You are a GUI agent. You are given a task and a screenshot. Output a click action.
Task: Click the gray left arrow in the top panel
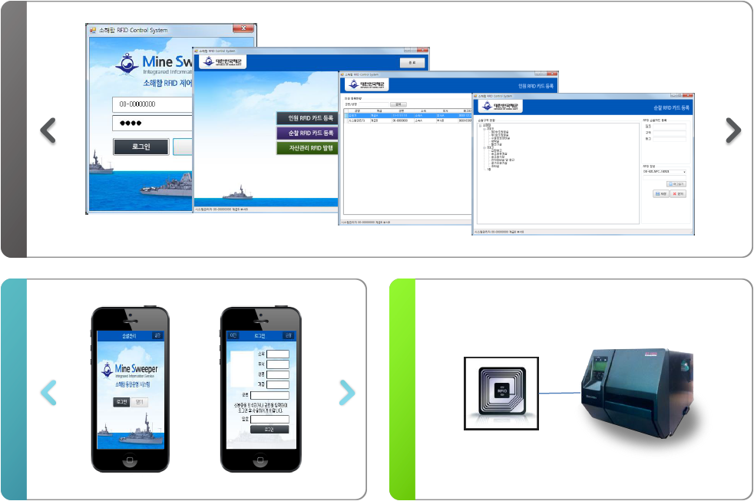(x=48, y=130)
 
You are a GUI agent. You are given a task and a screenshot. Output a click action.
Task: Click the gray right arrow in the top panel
(x=733, y=130)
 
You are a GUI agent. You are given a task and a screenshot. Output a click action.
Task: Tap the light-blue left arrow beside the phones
(x=48, y=393)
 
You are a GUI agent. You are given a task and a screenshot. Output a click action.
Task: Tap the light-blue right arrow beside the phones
(x=347, y=393)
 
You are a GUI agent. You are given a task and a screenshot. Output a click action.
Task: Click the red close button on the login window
(x=244, y=30)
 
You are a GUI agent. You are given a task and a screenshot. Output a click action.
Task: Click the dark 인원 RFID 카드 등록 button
(x=307, y=118)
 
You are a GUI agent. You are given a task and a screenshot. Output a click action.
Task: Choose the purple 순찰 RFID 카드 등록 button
(x=307, y=133)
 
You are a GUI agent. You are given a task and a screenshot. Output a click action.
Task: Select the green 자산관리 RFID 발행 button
(x=307, y=147)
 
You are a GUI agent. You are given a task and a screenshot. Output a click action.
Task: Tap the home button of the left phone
(x=130, y=460)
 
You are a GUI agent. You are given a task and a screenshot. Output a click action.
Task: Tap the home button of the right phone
(x=259, y=460)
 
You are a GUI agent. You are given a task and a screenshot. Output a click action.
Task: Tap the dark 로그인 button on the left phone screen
(x=121, y=402)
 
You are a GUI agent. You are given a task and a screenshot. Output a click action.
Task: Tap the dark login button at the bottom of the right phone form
(x=270, y=429)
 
